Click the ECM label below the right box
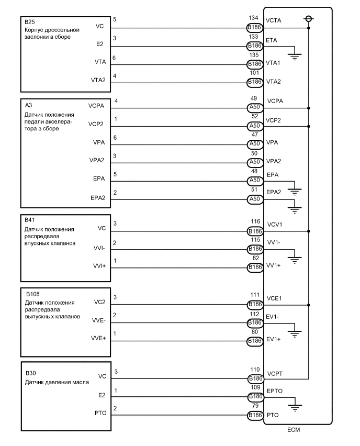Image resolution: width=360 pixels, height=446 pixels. [294, 429]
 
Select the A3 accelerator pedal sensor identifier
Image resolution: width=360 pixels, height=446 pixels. [28, 105]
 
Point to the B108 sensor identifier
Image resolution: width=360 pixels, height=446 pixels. [32, 294]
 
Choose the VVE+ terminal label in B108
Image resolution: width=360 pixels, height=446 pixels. [98, 339]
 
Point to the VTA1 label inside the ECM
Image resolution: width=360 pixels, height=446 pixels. [274, 63]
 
